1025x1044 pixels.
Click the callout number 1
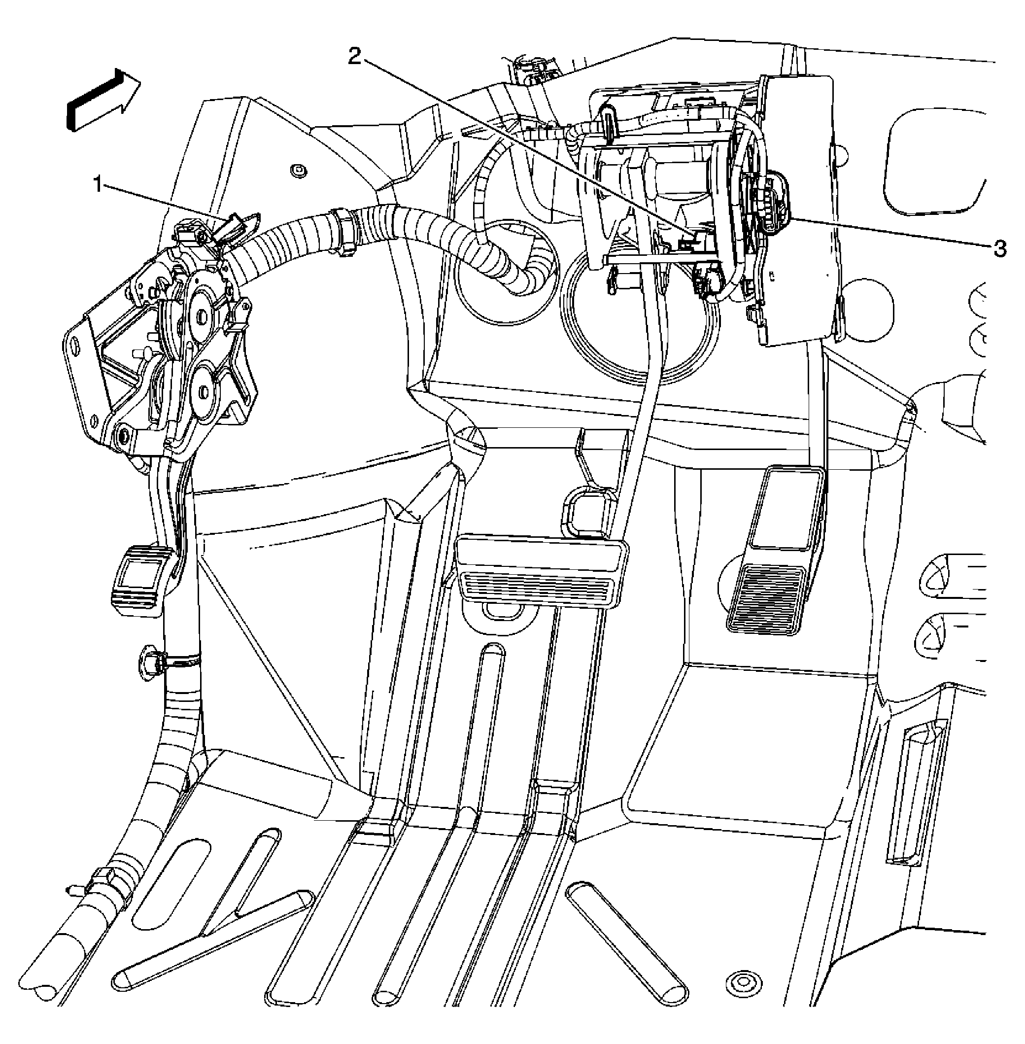[x=98, y=186]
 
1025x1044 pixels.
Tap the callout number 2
[x=354, y=57]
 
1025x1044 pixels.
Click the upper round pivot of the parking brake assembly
[x=203, y=314]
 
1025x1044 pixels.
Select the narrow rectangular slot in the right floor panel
[x=916, y=801]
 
